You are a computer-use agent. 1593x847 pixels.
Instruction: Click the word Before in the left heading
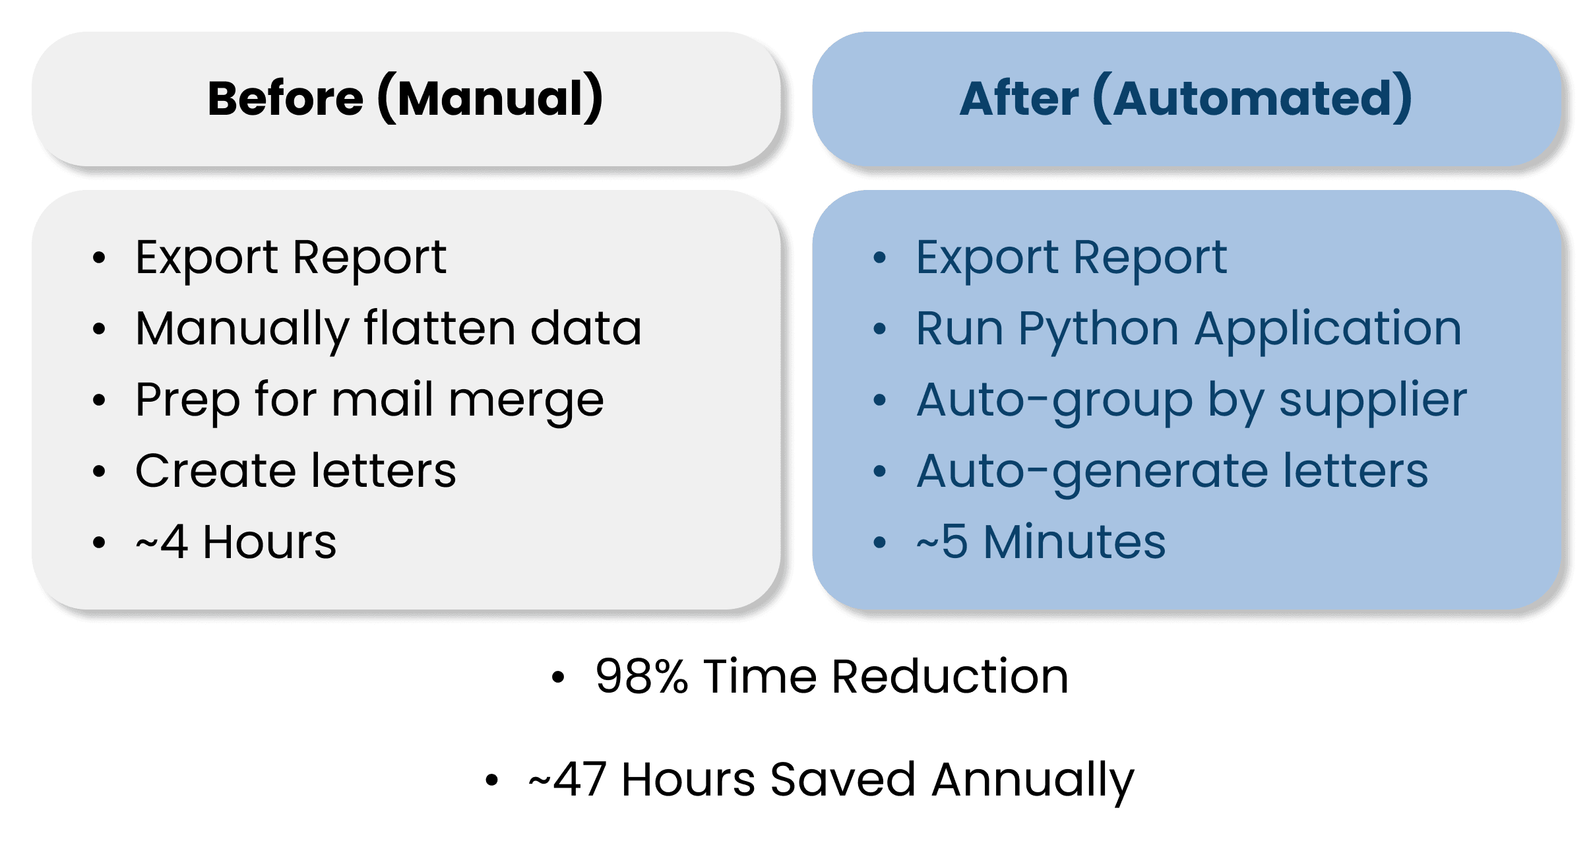(285, 98)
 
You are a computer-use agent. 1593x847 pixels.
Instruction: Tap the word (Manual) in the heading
(490, 98)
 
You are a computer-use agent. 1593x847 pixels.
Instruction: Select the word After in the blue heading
(1018, 98)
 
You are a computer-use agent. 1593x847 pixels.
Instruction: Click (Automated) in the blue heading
(1252, 98)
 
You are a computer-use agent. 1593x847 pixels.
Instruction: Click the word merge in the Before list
(526, 400)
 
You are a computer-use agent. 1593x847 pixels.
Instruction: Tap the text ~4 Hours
(235, 542)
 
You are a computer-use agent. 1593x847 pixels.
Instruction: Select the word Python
(1098, 329)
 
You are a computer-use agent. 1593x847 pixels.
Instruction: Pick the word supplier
(1373, 400)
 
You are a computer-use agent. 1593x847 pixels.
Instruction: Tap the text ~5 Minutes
(1041, 542)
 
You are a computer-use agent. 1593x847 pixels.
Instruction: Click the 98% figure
(641, 677)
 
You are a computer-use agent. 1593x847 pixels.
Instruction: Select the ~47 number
(567, 780)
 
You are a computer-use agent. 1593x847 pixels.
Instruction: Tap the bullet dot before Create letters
(99, 471)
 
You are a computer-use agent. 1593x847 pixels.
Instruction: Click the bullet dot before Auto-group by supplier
(879, 400)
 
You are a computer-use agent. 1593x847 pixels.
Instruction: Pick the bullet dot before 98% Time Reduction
(558, 677)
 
